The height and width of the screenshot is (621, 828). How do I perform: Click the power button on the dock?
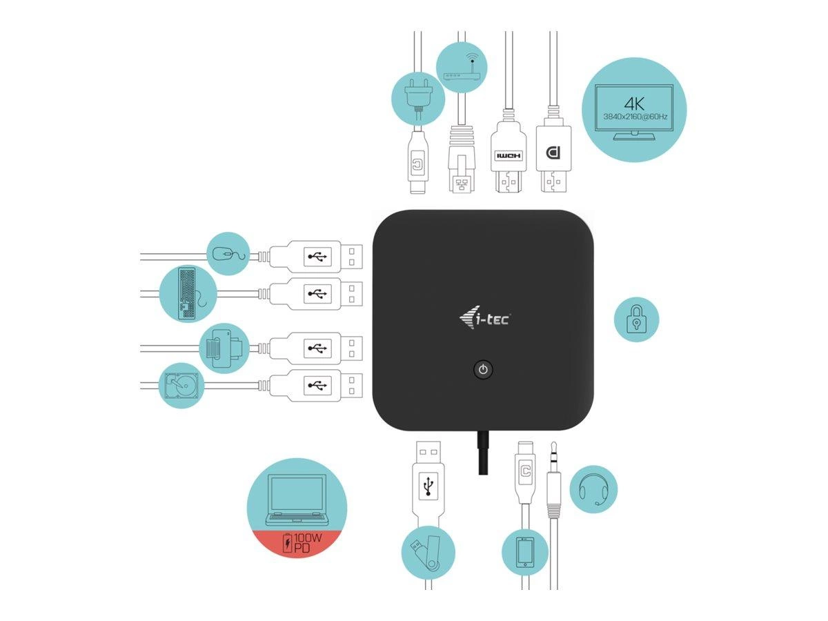pos(483,370)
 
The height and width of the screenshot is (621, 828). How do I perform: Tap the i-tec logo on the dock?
pos(484,319)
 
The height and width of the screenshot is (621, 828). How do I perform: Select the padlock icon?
pos(636,320)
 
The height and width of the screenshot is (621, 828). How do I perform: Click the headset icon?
pos(593,489)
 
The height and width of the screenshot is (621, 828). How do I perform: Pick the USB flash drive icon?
pos(428,552)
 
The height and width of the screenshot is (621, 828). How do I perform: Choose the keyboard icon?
pos(188,294)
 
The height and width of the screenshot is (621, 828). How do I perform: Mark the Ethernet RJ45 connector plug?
pos(460,166)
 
